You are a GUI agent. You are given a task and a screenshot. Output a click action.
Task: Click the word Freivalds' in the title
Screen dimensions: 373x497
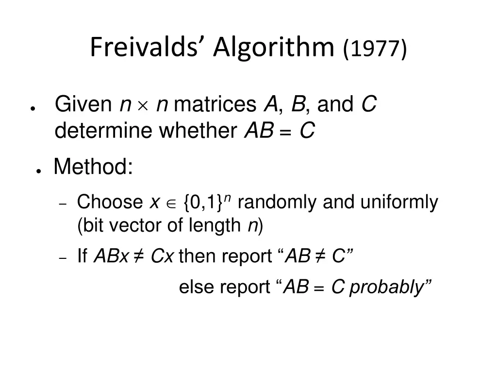coord(148,47)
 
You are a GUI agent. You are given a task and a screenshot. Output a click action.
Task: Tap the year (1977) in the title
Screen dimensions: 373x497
coord(375,48)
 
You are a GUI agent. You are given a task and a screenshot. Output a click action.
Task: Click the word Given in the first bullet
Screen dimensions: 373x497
coord(83,104)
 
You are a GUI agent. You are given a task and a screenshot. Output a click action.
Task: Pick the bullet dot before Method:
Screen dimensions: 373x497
coord(37,171)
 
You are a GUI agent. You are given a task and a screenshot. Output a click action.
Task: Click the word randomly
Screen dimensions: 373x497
coord(278,202)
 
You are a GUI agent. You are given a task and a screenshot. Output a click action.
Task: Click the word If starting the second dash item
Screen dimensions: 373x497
coord(82,256)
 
